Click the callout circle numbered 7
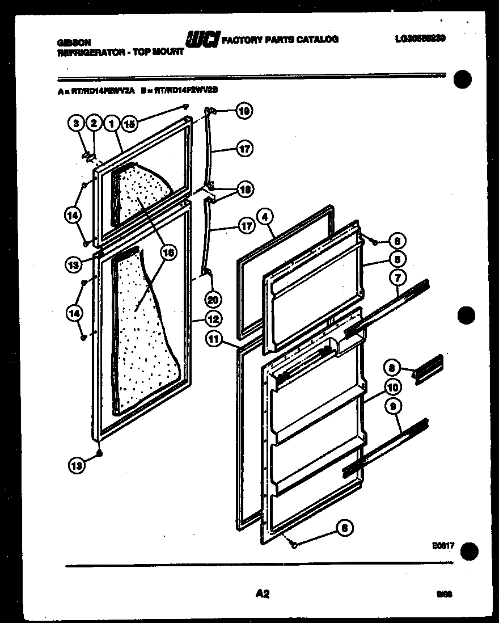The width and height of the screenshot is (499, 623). [398, 277]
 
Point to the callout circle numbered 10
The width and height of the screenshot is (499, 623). [391, 387]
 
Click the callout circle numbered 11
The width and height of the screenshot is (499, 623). [213, 340]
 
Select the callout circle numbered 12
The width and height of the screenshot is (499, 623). [213, 319]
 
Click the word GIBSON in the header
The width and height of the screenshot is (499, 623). [74, 42]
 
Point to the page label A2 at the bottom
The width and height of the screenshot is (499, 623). [261, 594]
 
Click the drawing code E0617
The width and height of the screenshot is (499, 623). [443, 545]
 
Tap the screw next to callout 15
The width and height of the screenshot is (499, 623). [185, 107]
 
